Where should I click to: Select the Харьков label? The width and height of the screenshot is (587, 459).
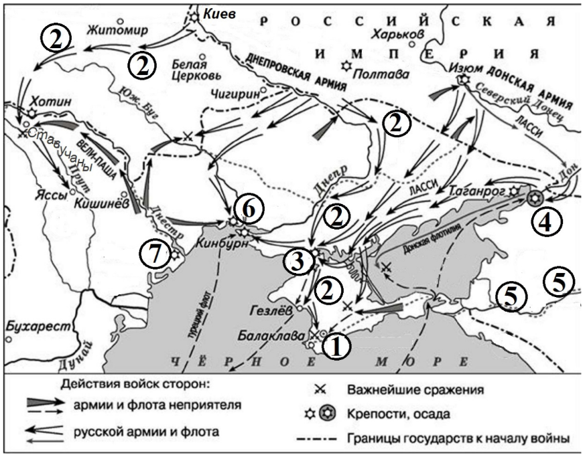pyautogui.click(x=400, y=33)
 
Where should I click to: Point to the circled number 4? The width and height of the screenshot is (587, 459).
pyautogui.click(x=546, y=222)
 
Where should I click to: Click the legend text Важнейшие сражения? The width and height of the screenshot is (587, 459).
pyautogui.click(x=415, y=389)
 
